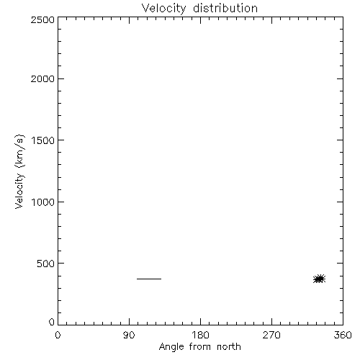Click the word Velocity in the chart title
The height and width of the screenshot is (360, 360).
pos(163,9)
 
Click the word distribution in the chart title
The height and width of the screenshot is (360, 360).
pos(225,8)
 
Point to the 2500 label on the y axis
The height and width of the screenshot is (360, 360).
pos(42,19)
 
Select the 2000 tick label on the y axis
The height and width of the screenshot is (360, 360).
pos(42,78)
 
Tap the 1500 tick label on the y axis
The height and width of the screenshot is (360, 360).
pos(43,140)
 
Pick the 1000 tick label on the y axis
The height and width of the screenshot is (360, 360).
pos(43,202)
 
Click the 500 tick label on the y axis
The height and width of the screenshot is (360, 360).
pos(46,264)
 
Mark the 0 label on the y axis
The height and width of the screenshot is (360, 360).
pos(52,322)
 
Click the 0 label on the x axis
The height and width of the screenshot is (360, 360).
pos(58,335)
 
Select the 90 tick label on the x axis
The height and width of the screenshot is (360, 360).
pos(129,335)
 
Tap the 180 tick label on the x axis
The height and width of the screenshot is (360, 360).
pos(200,335)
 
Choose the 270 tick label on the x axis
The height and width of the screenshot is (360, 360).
pos(271,335)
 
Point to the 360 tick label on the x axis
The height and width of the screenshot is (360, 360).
pos(343,335)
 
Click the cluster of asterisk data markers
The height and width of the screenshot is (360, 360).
pos(320,279)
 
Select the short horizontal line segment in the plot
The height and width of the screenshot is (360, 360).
pos(149,279)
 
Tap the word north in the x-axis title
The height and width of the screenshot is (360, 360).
pos(229,347)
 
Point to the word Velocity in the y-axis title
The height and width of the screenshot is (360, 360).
pos(19,191)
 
